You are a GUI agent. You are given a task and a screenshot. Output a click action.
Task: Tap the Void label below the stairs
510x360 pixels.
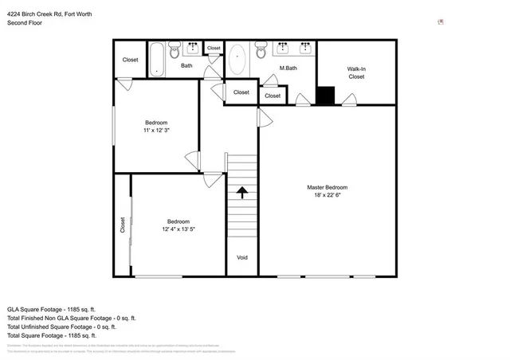click(x=243, y=257)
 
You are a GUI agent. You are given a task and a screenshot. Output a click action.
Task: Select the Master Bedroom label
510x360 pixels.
click(x=327, y=187)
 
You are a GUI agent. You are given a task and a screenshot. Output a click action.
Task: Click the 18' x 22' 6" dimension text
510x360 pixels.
click(x=327, y=195)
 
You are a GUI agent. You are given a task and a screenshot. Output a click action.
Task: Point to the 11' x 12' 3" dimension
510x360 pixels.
click(x=156, y=129)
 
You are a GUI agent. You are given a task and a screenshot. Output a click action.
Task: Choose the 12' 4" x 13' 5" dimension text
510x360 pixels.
click(x=178, y=229)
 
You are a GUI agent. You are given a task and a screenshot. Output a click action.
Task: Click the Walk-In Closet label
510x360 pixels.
click(x=356, y=73)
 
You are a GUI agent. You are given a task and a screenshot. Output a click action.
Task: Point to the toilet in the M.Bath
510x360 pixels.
click(x=261, y=51)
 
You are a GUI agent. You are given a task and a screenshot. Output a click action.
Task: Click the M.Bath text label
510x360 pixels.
click(x=288, y=68)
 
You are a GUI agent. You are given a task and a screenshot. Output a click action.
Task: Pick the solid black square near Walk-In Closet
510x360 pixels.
click(x=325, y=95)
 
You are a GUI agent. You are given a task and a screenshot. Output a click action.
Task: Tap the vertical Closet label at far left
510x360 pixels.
click(x=123, y=225)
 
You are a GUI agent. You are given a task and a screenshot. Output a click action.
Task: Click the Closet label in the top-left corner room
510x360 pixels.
click(x=130, y=60)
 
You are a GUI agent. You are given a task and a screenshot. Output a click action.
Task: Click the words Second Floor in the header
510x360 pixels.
click(x=25, y=23)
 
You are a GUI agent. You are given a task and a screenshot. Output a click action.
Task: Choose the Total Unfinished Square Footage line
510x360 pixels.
click(x=61, y=326)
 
